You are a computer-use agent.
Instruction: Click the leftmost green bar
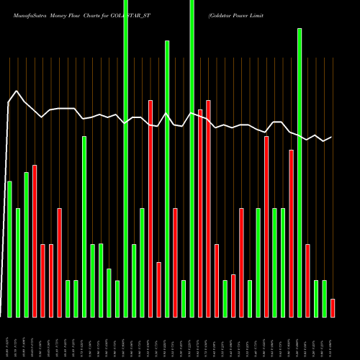(x=9, y=248)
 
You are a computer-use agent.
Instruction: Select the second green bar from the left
(x=18, y=262)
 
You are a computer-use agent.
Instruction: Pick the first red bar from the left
(x=35, y=240)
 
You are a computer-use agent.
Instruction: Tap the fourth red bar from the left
(x=60, y=262)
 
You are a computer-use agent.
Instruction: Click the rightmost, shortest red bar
(x=333, y=307)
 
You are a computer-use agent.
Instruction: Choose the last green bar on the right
(x=325, y=298)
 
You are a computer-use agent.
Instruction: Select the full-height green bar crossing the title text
(x=126, y=158)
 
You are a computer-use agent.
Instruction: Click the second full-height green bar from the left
(x=192, y=158)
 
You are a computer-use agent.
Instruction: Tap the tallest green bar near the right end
(x=300, y=173)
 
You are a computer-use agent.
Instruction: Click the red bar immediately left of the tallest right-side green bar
(x=292, y=233)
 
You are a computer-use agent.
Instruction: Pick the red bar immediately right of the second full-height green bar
(x=200, y=213)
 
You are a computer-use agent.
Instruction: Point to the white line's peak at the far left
(x=17, y=91)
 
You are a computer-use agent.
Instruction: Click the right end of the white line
(x=332, y=137)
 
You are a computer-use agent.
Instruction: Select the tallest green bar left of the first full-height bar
(x=84, y=226)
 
